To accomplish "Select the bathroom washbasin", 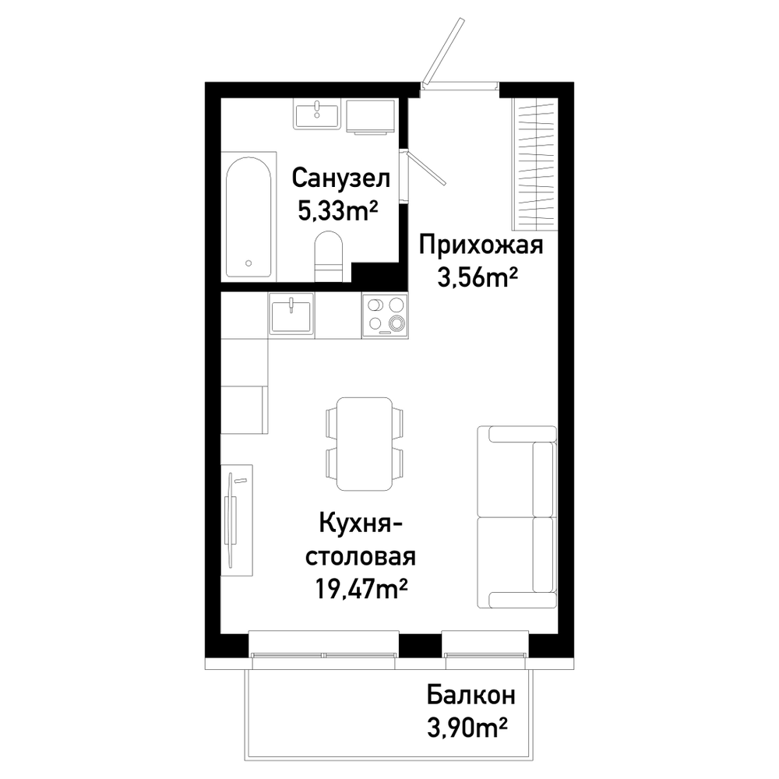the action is [317, 115].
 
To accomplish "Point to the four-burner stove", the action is [385, 315].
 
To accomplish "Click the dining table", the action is [364, 444].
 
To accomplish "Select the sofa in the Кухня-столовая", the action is [516, 516].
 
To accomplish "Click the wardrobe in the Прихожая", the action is [535, 164].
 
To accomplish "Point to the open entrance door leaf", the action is [443, 51].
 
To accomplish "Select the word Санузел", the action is [341, 178].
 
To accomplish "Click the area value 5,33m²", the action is [338, 210].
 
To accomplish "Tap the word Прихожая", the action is [481, 245].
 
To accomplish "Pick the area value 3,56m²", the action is [478, 277].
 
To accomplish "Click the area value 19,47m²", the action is [361, 590].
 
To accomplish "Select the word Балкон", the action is [471, 696].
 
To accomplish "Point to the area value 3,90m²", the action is [467, 729].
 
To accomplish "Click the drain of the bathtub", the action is [249, 263].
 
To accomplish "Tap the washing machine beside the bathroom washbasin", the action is [371, 117].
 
